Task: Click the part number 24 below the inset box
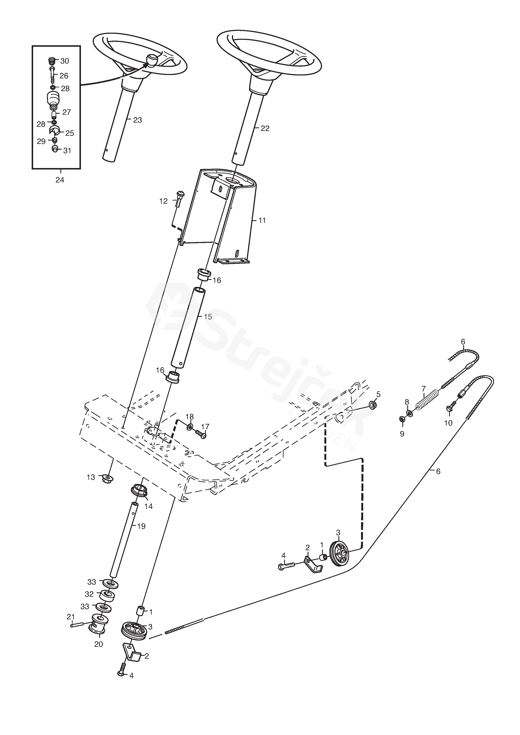pos(60,180)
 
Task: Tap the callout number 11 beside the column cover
pos(262,221)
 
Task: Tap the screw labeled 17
pos(201,434)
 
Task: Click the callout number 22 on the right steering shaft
pos(265,128)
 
